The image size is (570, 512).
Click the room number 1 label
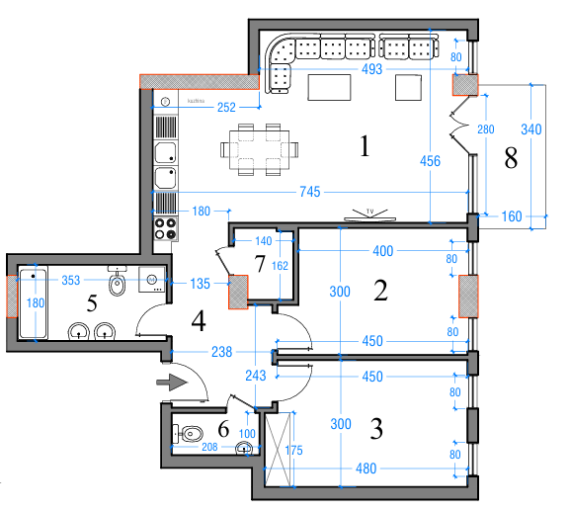coord(365,148)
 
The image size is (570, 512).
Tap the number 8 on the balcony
coord(511,159)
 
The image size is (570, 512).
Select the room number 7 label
coord(260,264)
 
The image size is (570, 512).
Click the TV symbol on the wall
coord(368,213)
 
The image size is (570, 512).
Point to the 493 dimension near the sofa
coord(371,69)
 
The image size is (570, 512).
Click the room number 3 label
coord(375,430)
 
